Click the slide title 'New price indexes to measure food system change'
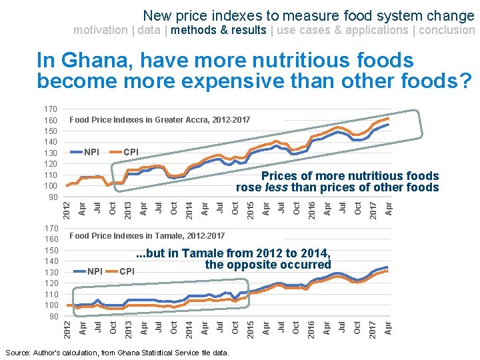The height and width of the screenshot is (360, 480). [309, 15]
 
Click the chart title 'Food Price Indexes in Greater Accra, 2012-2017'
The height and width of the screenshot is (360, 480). [160, 120]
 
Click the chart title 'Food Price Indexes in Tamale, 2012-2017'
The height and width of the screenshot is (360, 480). [147, 235]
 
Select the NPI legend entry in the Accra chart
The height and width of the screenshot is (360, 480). [91, 152]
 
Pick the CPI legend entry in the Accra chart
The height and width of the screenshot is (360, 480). [131, 152]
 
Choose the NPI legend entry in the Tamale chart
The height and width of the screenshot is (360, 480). [95, 271]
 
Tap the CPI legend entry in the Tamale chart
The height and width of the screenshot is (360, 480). [127, 271]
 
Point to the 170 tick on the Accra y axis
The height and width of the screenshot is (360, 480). [50, 109]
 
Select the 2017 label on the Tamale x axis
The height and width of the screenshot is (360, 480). [374, 327]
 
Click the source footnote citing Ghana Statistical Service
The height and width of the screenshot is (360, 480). [117, 352]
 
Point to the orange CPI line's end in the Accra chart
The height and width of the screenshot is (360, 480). [388, 119]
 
